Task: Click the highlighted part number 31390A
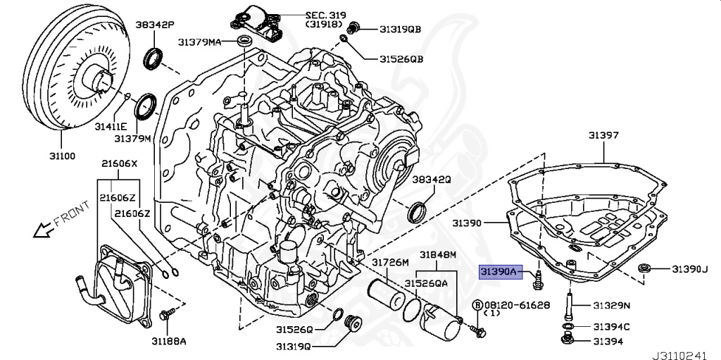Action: click(499, 270)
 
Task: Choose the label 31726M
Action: click(390, 263)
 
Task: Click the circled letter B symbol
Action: click(477, 304)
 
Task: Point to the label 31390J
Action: click(689, 269)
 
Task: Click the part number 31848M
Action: click(438, 254)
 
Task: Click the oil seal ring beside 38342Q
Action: click(418, 210)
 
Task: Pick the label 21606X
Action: click(119, 164)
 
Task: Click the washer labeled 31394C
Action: click(567, 326)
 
